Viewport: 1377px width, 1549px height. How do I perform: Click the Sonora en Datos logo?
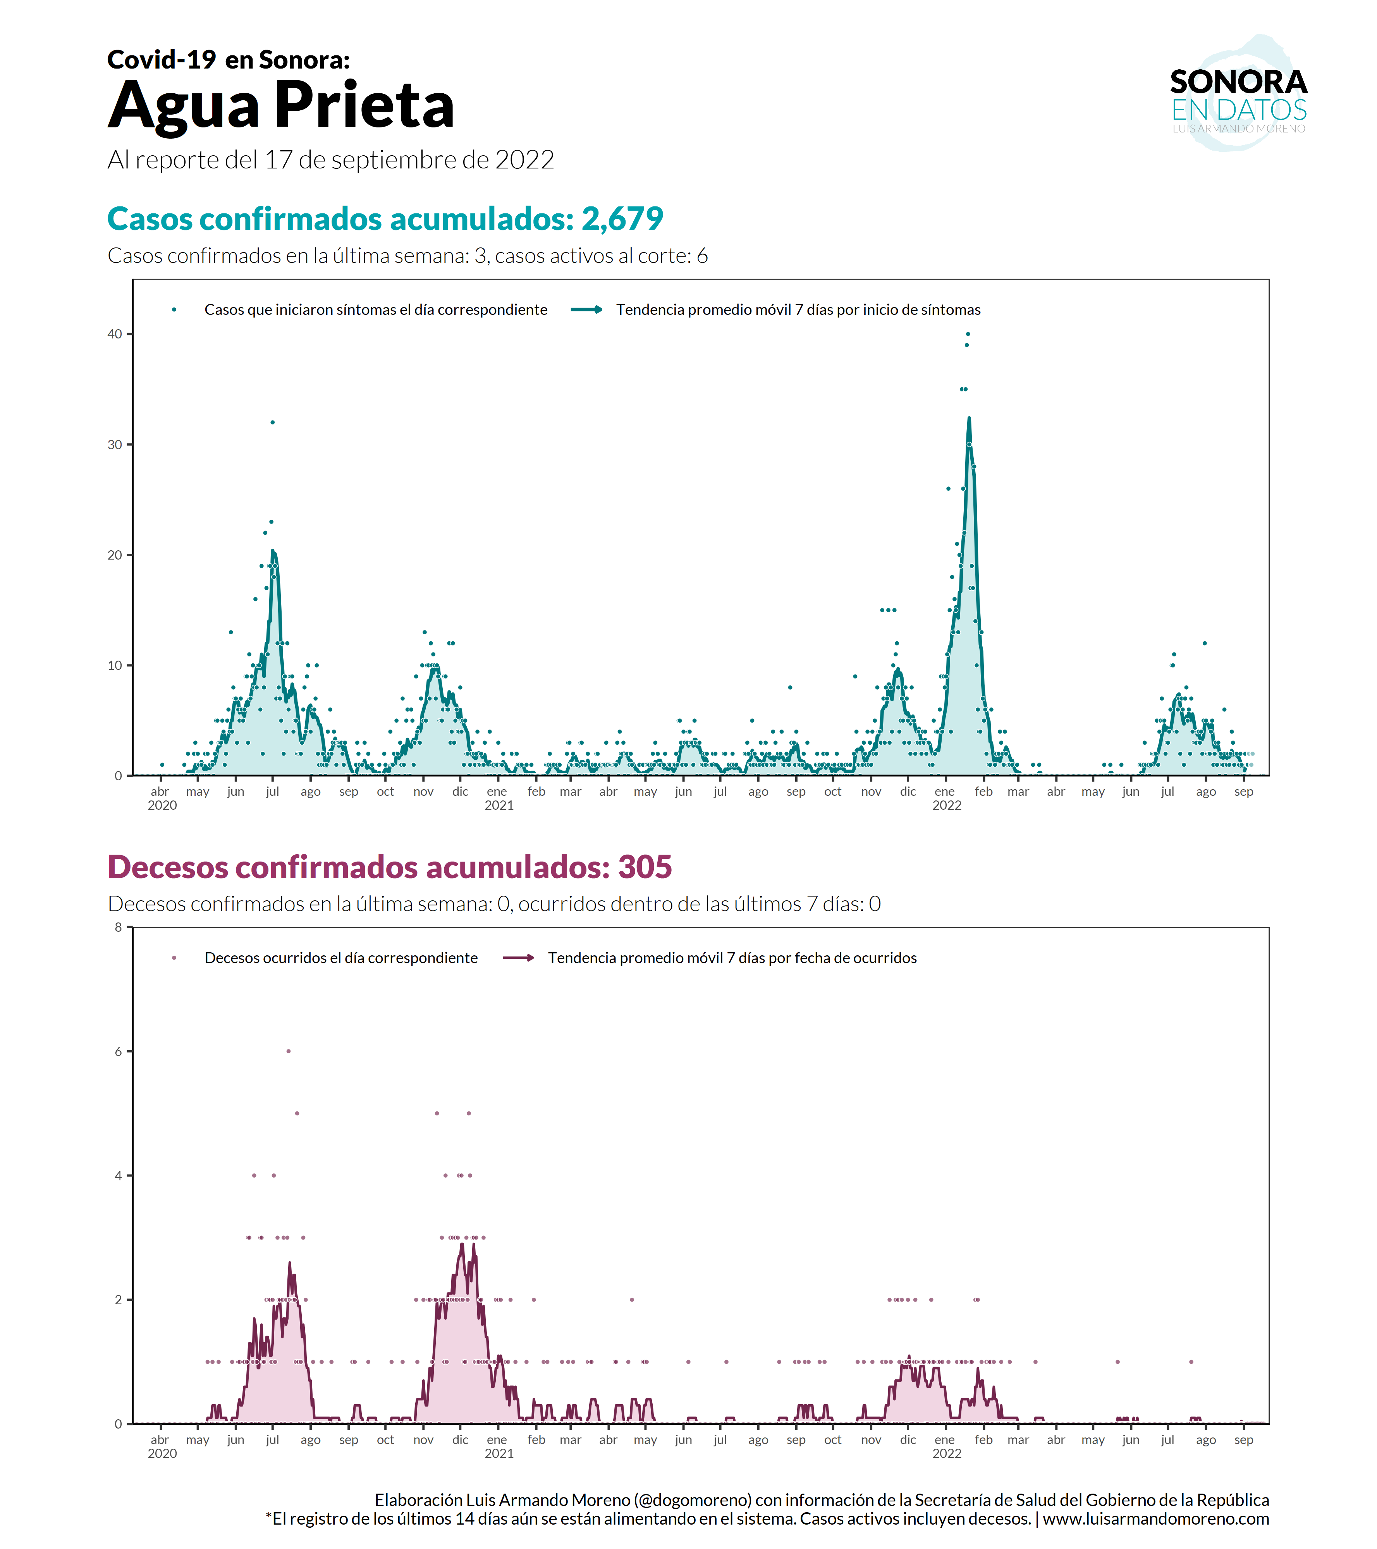pyautogui.click(x=1238, y=95)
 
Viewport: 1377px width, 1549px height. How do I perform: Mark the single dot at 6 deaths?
pyautogui.click(x=289, y=1051)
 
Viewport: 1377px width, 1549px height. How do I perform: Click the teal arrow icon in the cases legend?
pyautogui.click(x=586, y=309)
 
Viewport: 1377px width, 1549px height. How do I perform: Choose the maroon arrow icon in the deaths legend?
pyautogui.click(x=519, y=958)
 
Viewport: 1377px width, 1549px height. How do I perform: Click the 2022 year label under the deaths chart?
pyautogui.click(x=947, y=1453)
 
